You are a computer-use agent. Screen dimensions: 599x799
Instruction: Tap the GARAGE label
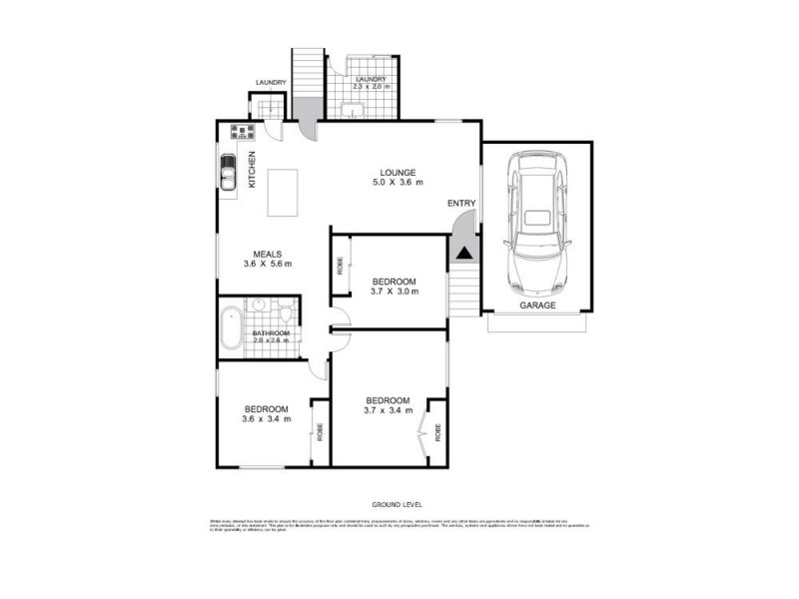(536, 305)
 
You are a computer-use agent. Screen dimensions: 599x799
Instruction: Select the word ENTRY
(461, 204)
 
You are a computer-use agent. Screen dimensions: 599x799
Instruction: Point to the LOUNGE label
(398, 172)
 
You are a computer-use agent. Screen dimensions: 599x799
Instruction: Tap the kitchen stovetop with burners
(241, 130)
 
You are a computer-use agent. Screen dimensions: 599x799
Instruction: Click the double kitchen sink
(229, 174)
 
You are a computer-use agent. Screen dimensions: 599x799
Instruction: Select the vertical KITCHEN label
(252, 169)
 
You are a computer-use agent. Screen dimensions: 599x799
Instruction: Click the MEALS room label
(265, 254)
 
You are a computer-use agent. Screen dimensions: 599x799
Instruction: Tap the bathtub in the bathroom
(232, 326)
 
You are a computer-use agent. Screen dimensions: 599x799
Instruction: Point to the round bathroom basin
(258, 304)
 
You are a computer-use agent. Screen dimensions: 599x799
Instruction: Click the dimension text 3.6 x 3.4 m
(267, 419)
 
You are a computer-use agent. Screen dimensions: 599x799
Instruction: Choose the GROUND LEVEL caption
(398, 506)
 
